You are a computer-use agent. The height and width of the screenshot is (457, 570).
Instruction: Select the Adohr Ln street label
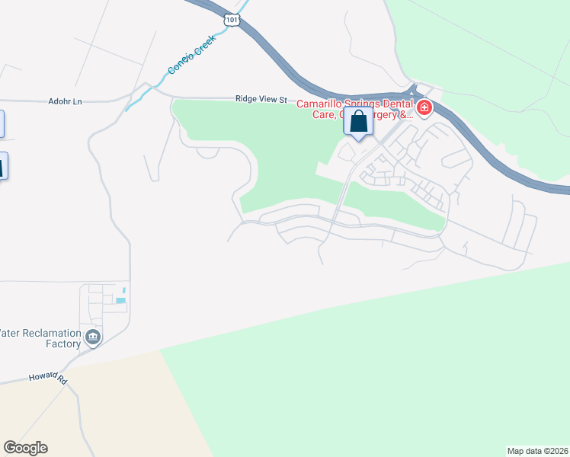coord(64,101)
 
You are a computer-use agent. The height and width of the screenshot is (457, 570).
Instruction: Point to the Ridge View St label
coord(261,99)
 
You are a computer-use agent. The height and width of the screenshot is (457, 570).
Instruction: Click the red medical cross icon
coord(423,108)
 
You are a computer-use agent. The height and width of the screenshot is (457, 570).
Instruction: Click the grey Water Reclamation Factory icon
coord(93,337)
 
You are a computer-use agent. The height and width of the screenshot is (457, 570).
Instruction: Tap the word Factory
coord(62,344)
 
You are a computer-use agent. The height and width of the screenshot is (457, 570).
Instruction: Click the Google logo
coord(25,448)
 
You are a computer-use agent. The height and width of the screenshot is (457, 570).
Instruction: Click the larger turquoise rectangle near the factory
coord(120,301)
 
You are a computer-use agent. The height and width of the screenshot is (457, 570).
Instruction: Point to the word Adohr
coord(59,101)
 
